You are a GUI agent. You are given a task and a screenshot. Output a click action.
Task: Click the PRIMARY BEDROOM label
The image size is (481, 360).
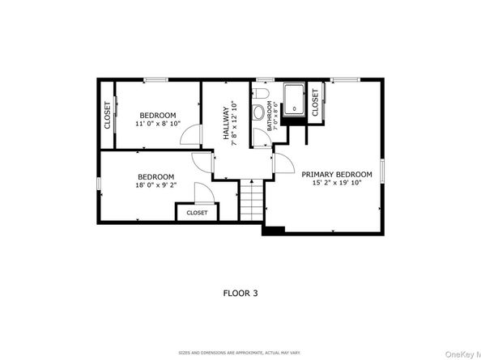point(337,174)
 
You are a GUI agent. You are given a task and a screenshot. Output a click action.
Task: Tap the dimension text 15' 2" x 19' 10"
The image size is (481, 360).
point(337,184)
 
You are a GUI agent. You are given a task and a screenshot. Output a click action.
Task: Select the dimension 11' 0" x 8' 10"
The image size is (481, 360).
point(158,125)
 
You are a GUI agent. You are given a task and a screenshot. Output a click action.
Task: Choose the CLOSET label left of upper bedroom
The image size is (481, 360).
point(107,115)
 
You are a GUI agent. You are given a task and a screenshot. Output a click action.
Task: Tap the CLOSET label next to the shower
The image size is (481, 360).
point(315,103)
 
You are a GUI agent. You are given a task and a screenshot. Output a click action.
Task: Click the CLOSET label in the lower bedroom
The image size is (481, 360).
point(197,213)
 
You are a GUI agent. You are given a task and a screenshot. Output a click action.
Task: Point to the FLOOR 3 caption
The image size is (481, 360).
point(240,293)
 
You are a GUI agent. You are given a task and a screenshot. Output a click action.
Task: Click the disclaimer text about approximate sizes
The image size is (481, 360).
point(240,353)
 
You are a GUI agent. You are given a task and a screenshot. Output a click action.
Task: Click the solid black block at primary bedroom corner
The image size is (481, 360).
point(272,230)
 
